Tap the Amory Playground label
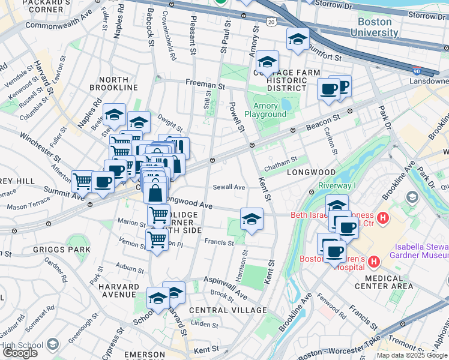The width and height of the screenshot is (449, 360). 265,110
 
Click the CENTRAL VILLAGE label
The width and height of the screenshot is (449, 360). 228,310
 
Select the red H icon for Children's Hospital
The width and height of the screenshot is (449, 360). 374,262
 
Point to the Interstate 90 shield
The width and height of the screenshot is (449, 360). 417,71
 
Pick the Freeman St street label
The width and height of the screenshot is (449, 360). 205,85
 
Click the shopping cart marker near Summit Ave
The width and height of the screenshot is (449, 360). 82,181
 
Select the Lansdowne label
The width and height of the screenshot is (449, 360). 429,81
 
